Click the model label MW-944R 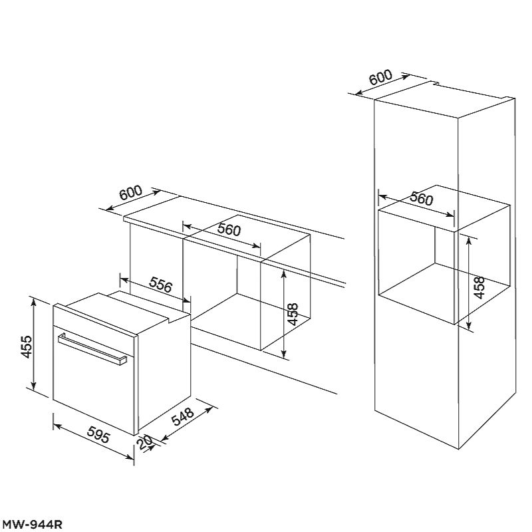pos(31,524)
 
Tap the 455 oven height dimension pos(27,346)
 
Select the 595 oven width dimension pos(98,434)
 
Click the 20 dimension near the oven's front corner pos(144,443)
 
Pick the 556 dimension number pos(160,285)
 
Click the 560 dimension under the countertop pos(229,229)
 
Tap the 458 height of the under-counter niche pos(292,314)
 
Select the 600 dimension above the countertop pos(131,193)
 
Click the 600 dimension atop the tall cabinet pos(380,78)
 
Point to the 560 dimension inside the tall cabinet pos(421,199)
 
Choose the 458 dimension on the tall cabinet pos(478,287)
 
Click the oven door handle pos(92,349)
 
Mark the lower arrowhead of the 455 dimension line pos(33,386)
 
